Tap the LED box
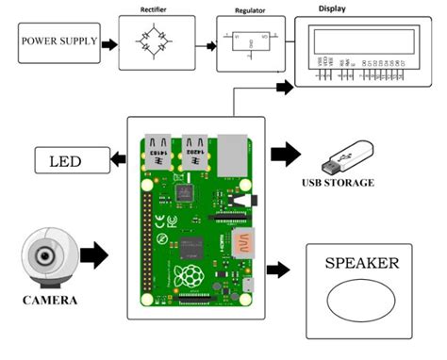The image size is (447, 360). tap(71, 161)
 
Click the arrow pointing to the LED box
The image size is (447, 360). tap(118, 161)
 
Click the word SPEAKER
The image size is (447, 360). tap(362, 264)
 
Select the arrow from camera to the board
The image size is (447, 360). tap(95, 254)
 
